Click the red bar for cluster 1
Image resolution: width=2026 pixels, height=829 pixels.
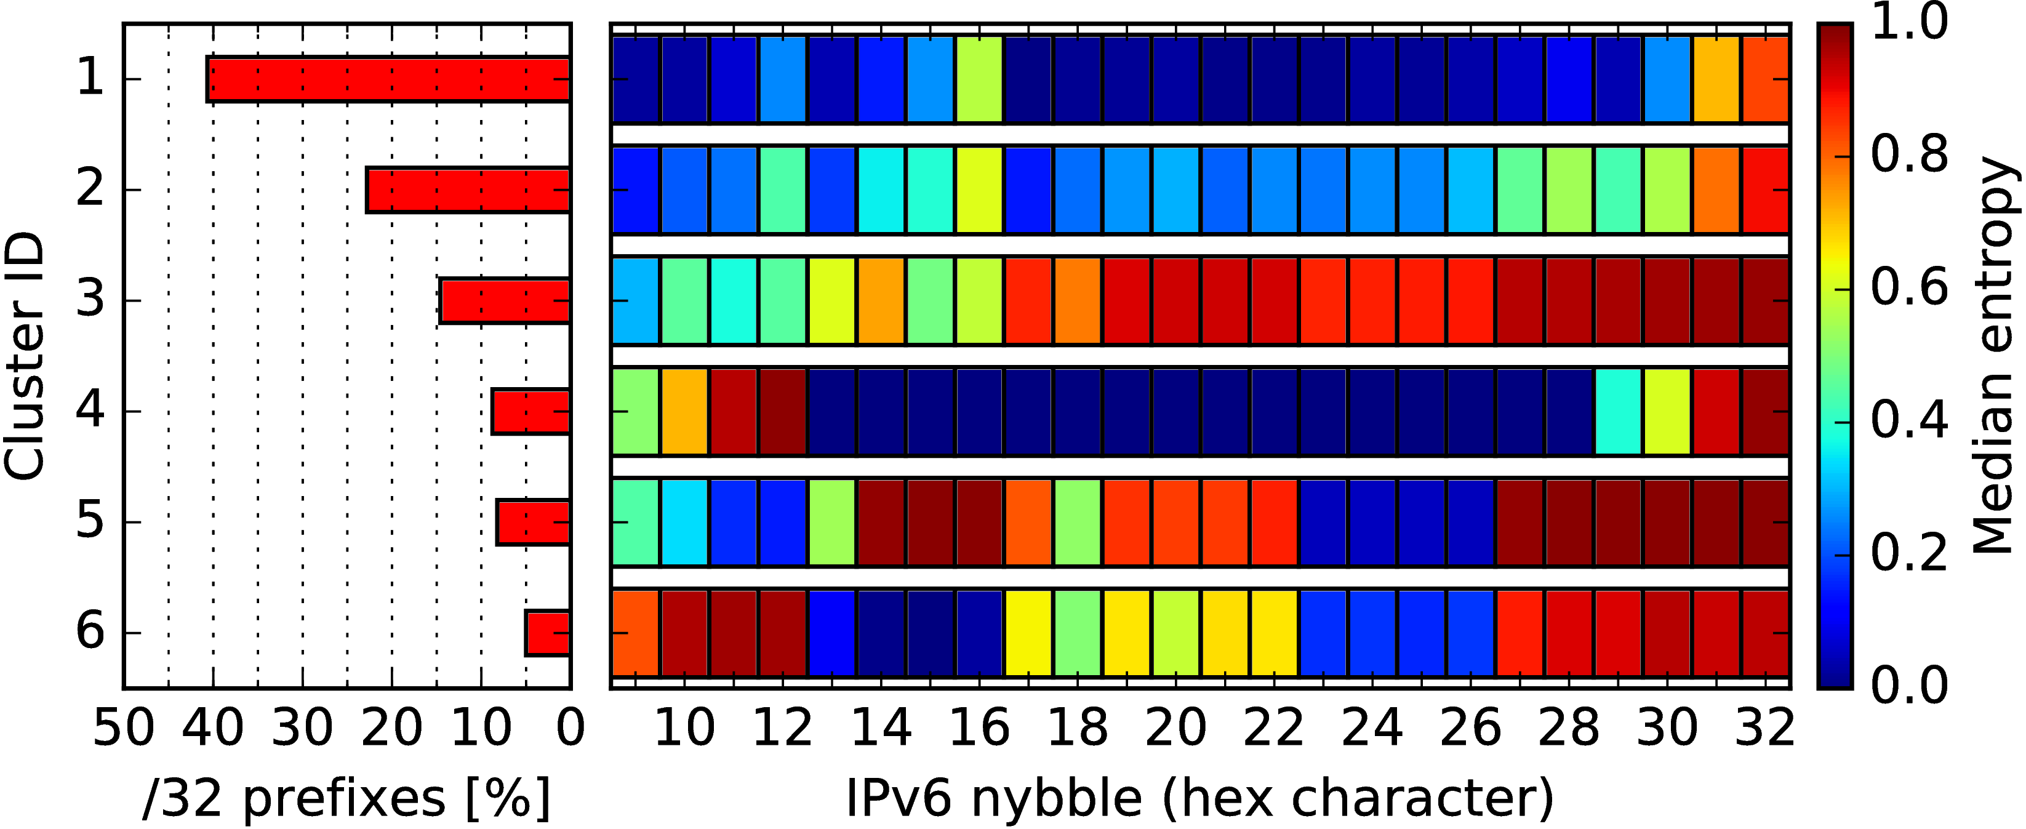(x=388, y=79)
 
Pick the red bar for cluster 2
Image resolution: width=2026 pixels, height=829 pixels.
(x=468, y=190)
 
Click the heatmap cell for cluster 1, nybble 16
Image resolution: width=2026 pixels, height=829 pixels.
(x=979, y=79)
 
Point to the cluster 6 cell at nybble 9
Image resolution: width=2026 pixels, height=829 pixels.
(x=636, y=633)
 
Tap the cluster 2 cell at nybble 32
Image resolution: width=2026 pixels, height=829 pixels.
(x=1766, y=190)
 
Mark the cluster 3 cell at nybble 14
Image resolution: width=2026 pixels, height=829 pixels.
(x=881, y=300)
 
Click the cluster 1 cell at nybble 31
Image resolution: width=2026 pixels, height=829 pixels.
(x=1716, y=79)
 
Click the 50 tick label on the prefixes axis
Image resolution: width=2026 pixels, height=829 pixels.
(x=124, y=727)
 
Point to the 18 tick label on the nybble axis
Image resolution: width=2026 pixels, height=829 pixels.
(x=1078, y=727)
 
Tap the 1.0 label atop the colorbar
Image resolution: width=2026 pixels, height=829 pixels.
(x=1910, y=22)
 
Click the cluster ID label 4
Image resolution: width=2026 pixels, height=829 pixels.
(x=90, y=411)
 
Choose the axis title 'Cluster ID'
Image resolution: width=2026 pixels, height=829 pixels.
(x=23, y=356)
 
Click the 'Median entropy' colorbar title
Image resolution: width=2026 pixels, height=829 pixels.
(x=1994, y=356)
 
